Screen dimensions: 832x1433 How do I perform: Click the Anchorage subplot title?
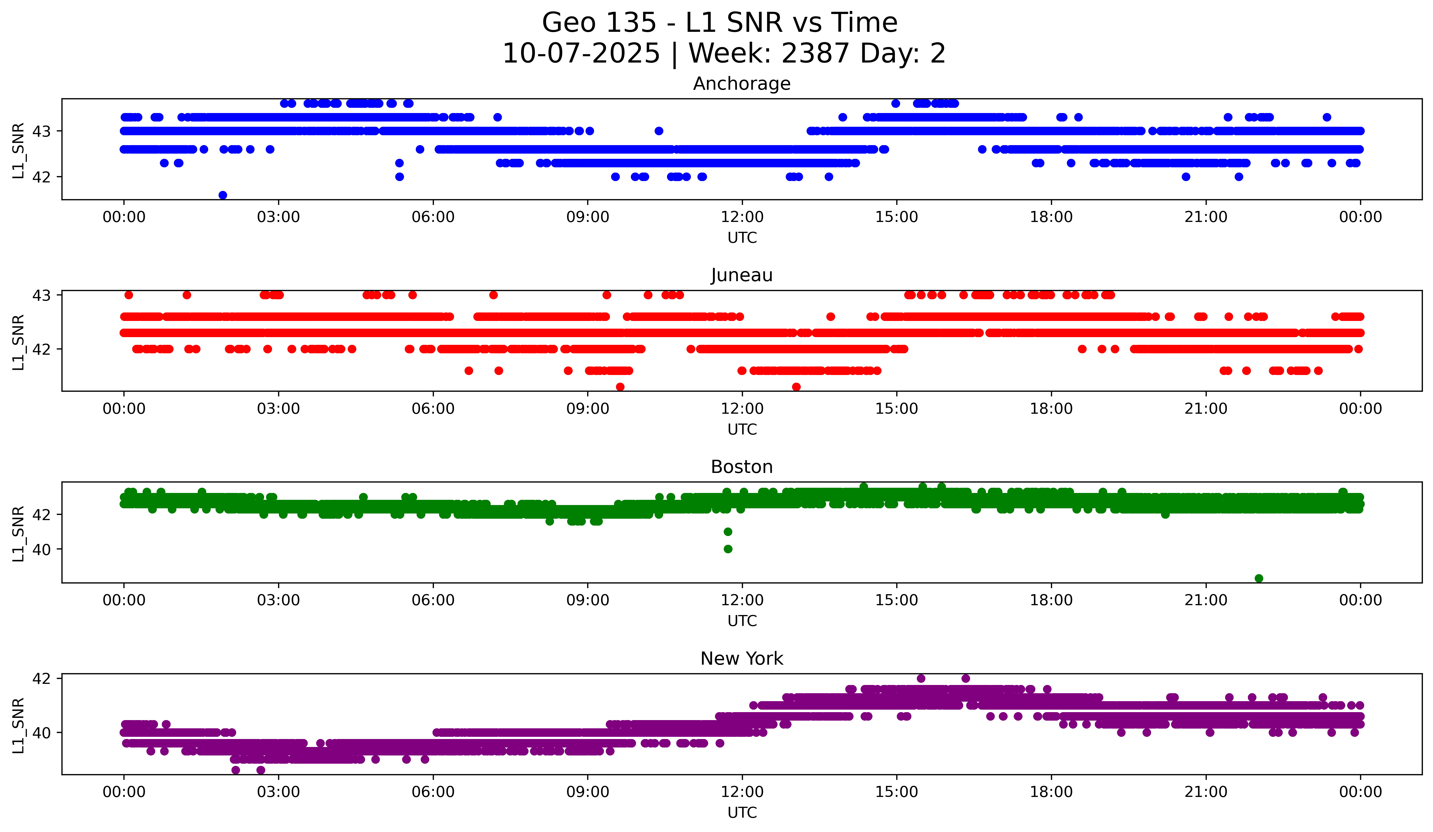coord(742,84)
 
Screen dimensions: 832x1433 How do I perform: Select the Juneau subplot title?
coord(742,275)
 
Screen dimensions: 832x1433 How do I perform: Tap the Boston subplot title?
coord(742,467)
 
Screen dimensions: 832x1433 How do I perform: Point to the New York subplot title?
coord(742,659)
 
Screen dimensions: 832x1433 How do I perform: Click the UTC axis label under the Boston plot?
coord(742,621)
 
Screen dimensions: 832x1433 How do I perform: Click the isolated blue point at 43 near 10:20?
coord(658,131)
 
